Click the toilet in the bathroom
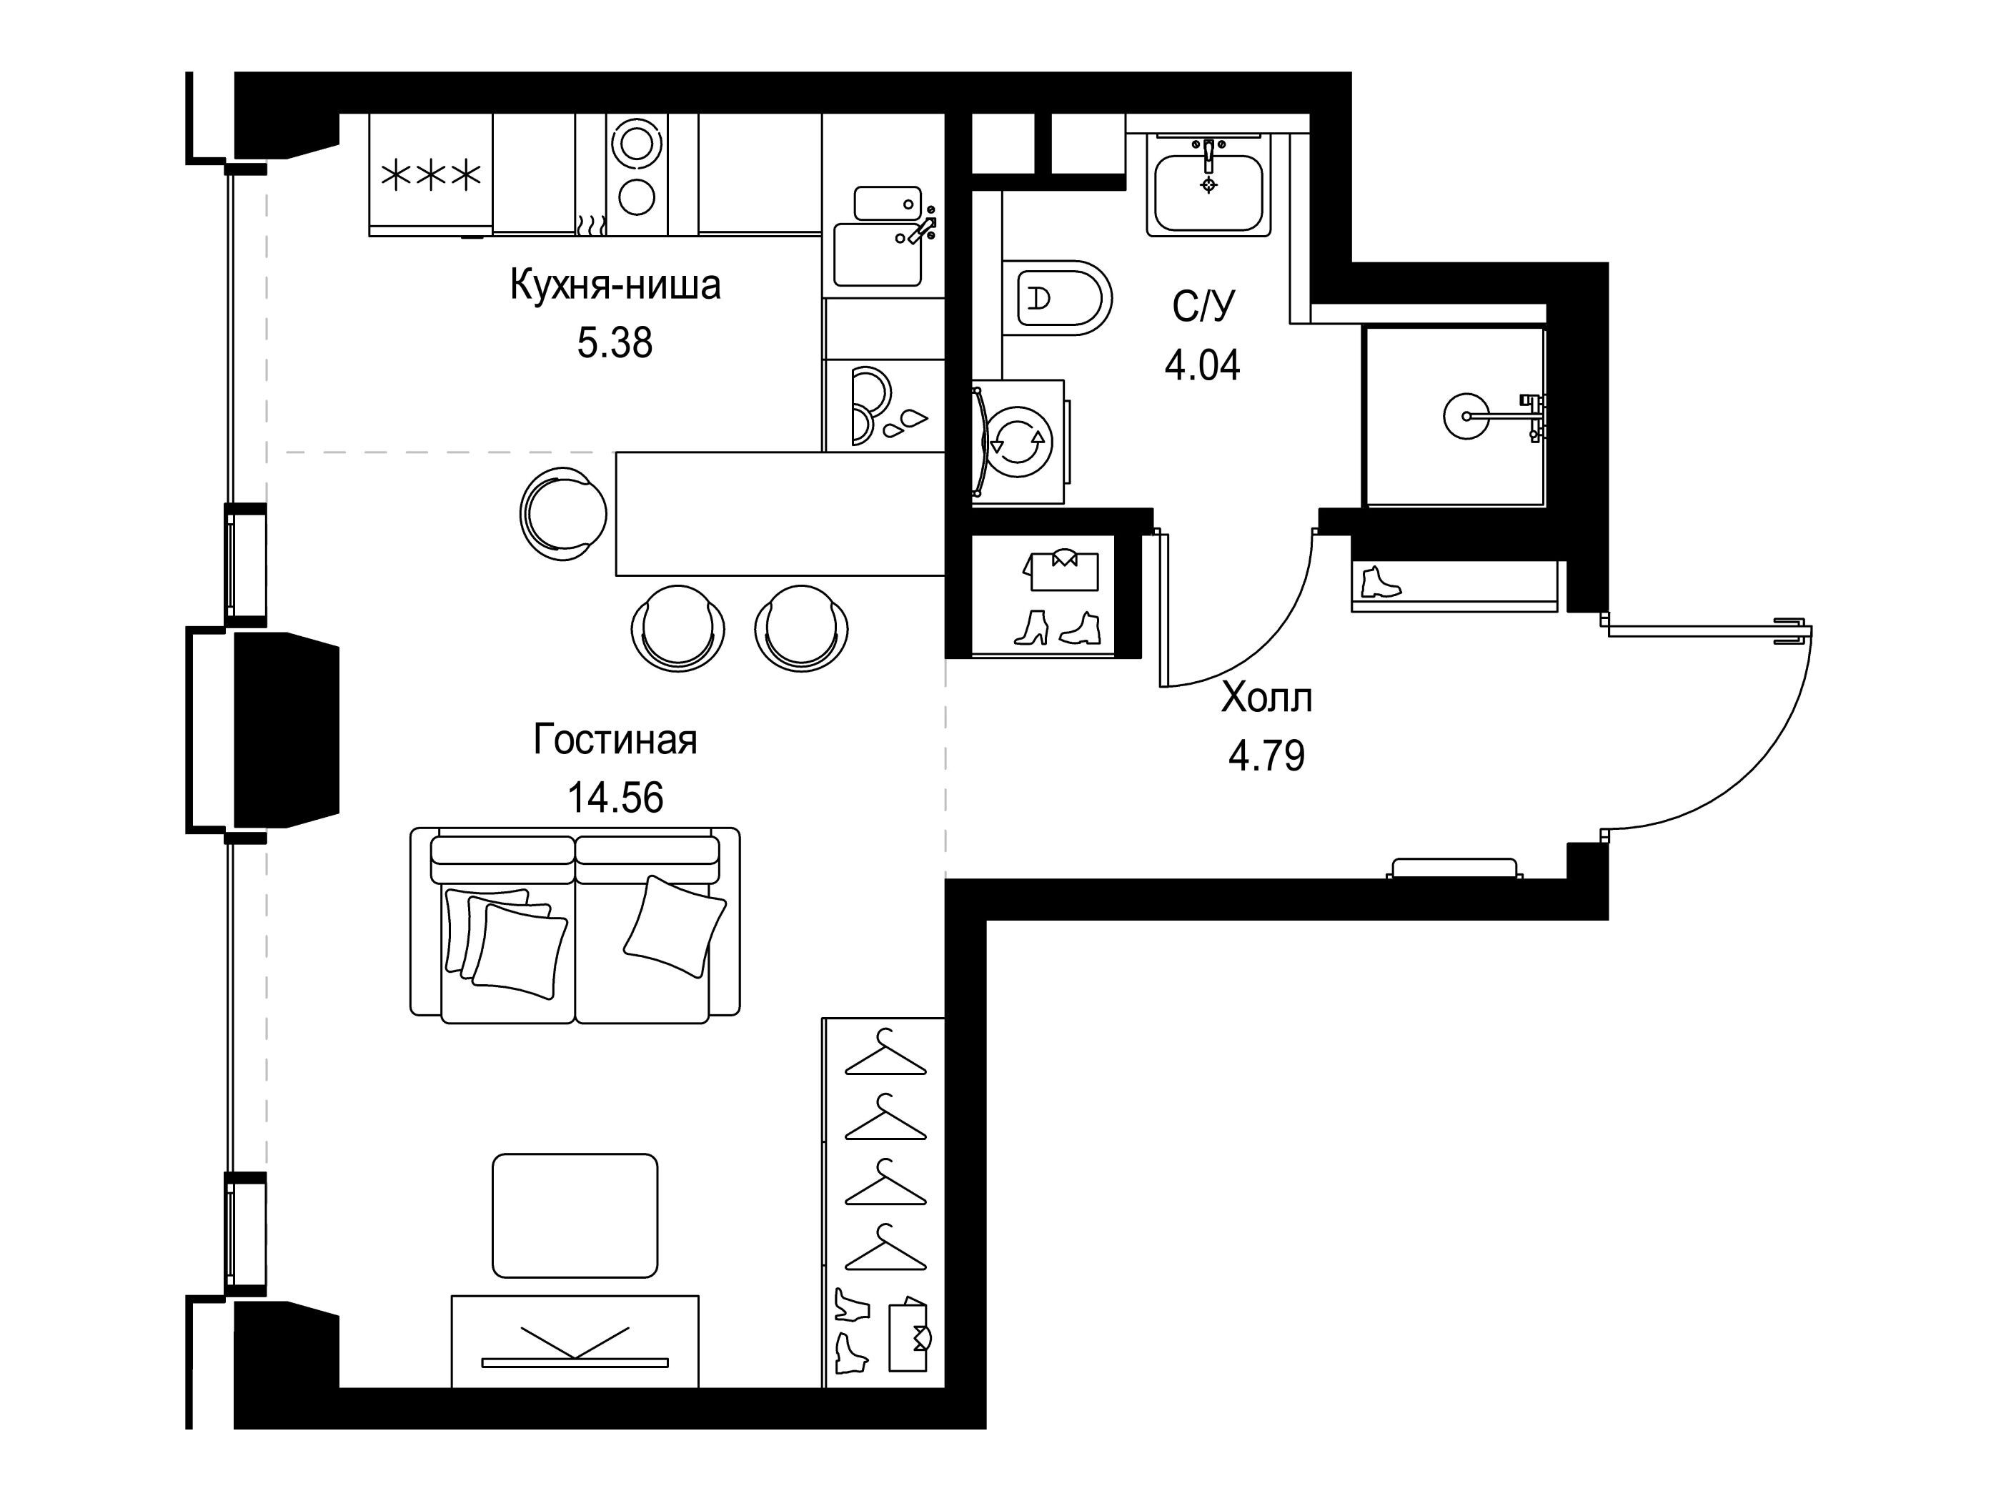pos(1056,297)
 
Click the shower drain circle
pos(1464,416)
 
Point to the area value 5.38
pos(615,343)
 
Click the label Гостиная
pos(615,739)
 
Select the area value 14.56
pos(615,797)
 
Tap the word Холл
pos(1266,698)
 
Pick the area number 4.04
pos(1202,365)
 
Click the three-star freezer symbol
pos(431,177)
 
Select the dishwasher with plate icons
pos(884,405)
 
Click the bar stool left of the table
pos(562,514)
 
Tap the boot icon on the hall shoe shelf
pos(1379,582)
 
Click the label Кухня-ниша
pos(615,285)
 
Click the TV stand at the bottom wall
pos(575,1341)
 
